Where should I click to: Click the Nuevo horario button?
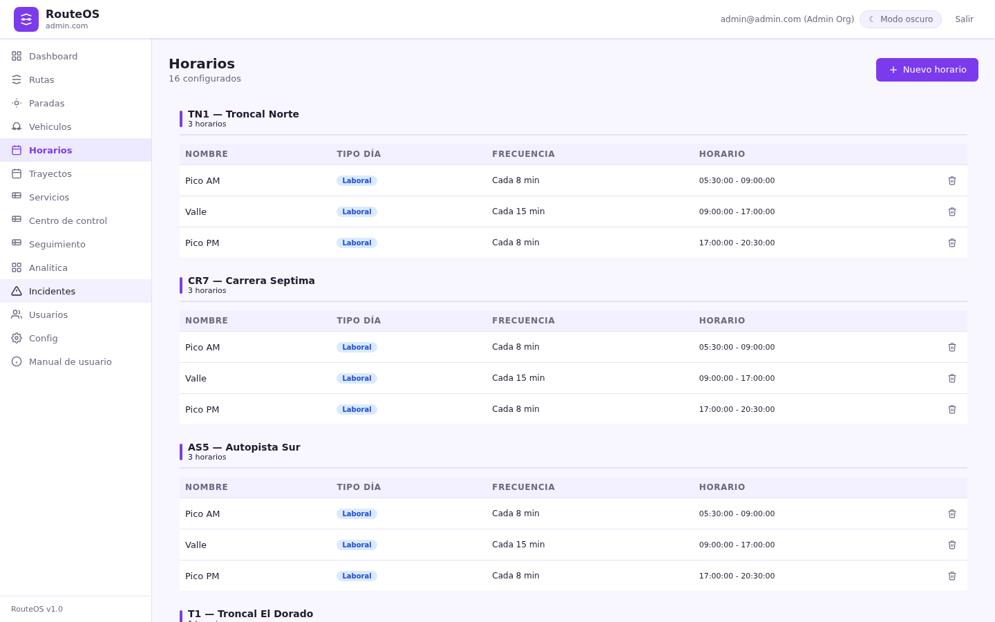(927, 70)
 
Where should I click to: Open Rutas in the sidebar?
(41, 80)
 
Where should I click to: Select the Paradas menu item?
(47, 104)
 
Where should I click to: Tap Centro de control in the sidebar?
(68, 221)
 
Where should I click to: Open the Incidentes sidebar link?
(52, 292)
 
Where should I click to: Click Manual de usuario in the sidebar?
(70, 362)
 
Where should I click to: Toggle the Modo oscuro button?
(900, 19)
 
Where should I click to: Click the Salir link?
(964, 19)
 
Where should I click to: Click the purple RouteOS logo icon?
(26, 19)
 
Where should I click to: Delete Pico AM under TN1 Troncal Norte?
(952, 181)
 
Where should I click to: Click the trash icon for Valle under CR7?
(952, 379)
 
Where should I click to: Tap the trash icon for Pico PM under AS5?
(952, 576)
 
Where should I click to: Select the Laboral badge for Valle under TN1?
(357, 212)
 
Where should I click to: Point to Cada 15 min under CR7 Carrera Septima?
(518, 378)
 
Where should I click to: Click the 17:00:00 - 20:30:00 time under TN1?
(737, 243)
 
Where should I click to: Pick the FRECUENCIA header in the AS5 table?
(523, 487)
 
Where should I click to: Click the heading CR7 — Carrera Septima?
(252, 281)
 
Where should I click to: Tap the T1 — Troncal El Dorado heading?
(251, 614)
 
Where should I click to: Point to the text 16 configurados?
(205, 79)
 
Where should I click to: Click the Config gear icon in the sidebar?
(17, 339)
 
